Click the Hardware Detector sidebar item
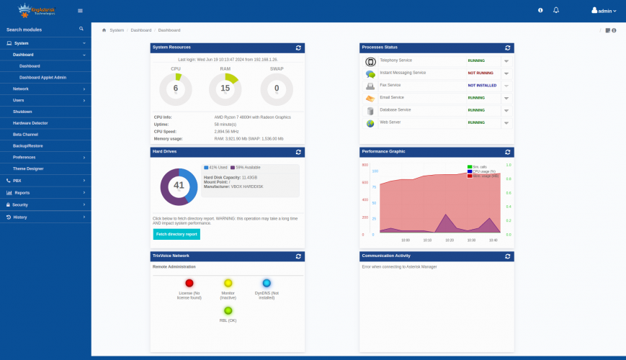point(30,123)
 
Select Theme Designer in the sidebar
point(28,168)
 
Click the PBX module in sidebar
point(17,181)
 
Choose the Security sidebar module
point(20,204)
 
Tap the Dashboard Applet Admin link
point(43,77)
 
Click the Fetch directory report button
point(176,234)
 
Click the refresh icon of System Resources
point(298,48)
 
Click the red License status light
point(189,284)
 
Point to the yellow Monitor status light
point(228,284)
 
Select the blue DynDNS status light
point(267,284)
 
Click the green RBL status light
point(228,310)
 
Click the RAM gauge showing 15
point(225,88)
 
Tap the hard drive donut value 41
point(179,186)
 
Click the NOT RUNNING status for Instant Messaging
point(481,73)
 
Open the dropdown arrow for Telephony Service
point(506,61)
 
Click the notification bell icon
point(555,10)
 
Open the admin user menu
point(604,11)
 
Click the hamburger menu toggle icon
point(80,11)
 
